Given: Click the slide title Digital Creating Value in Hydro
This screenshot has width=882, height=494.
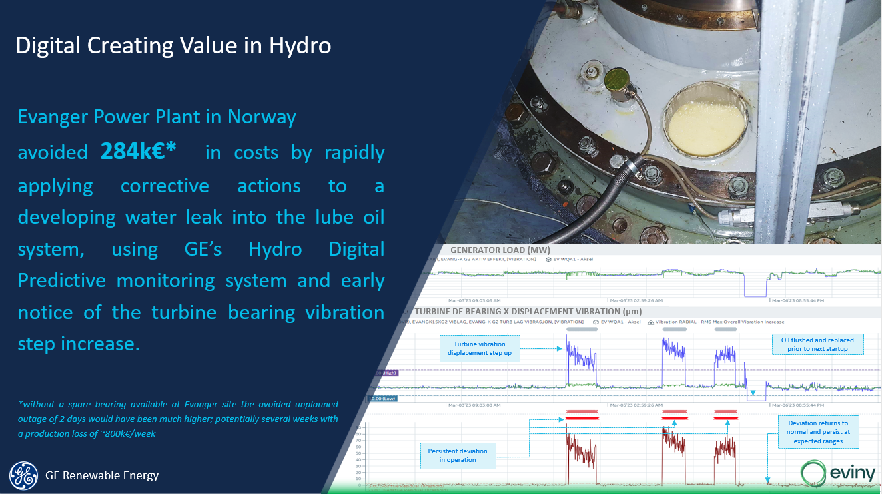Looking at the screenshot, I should (173, 45).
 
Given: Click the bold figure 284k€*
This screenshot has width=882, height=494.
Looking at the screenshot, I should (138, 152).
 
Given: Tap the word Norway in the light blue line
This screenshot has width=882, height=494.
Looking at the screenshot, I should (262, 117).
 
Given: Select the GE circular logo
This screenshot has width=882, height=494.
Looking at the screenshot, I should (23, 475).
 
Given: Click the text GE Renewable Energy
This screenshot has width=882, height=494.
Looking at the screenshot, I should (102, 476).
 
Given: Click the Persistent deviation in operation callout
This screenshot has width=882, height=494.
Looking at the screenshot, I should (457, 455).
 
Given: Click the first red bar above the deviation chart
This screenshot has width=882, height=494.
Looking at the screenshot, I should (582, 415).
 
